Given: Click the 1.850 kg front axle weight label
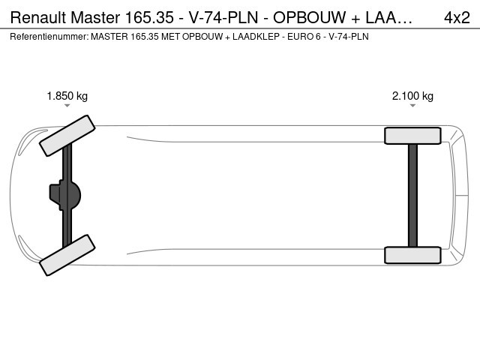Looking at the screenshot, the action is click(67, 96).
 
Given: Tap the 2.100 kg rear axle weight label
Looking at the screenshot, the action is click(412, 96).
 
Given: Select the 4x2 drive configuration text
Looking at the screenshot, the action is click(457, 17).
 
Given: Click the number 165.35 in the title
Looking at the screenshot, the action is click(149, 17).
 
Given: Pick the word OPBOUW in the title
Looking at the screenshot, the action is click(309, 17).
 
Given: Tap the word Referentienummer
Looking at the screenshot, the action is click(49, 37).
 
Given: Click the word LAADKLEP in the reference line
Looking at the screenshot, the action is click(256, 37).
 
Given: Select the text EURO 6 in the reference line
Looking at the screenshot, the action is click(304, 37).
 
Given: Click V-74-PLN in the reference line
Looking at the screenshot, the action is click(348, 37).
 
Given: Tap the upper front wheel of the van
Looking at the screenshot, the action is click(67, 136).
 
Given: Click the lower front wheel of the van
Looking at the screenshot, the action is click(67, 255).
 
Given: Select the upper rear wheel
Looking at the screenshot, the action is click(412, 136).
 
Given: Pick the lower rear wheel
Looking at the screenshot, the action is click(412, 255).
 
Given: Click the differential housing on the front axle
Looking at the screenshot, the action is click(65, 195).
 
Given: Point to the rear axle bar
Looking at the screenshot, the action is click(412, 195).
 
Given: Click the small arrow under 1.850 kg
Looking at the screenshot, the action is click(67, 106).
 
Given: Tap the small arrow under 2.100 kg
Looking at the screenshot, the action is click(412, 106).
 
